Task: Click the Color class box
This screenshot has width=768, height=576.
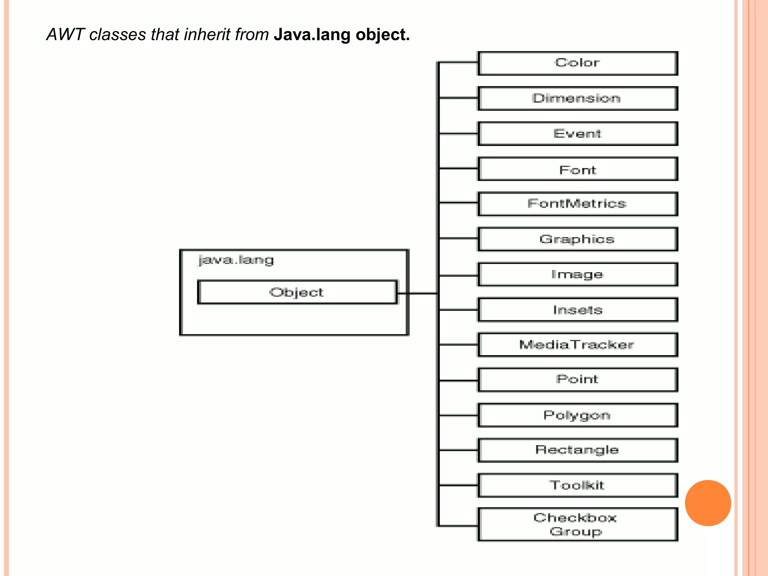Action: coord(577,63)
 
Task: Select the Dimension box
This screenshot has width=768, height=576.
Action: coord(577,98)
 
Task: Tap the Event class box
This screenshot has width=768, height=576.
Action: coord(577,133)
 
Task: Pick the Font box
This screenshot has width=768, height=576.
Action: coord(577,169)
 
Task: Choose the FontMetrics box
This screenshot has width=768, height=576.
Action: coord(577,204)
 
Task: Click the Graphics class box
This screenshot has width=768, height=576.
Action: coord(577,239)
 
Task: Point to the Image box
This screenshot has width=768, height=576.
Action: coord(577,274)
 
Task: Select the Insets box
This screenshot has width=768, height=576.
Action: coord(577,310)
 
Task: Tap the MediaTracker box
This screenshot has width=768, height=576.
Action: coord(577,345)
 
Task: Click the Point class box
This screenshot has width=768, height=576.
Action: coord(577,379)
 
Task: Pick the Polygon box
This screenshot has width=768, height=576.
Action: coord(577,415)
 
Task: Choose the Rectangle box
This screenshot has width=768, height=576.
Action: coord(577,450)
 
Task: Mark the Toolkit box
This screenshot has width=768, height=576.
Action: coord(577,485)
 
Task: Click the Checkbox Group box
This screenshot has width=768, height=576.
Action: coord(577,524)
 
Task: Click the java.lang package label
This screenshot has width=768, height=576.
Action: coord(236,260)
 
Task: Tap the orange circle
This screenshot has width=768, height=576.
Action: coord(708,503)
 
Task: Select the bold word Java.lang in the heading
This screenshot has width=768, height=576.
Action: coord(312,34)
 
